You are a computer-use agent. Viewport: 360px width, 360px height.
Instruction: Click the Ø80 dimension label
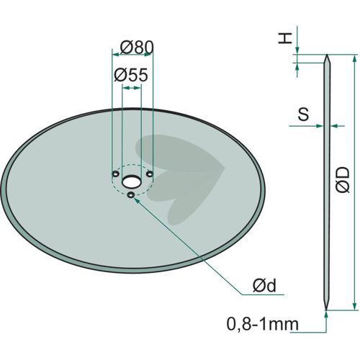137,48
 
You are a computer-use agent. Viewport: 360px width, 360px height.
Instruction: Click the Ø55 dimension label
131,75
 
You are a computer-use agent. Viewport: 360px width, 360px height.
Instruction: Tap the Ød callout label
264,286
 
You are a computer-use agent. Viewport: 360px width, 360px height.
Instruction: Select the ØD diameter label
343,179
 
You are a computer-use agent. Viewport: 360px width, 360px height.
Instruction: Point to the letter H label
285,38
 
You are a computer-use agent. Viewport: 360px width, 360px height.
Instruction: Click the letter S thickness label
303,114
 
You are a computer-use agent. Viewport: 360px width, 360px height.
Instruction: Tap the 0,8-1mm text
263,324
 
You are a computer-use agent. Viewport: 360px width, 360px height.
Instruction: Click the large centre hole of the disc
131,181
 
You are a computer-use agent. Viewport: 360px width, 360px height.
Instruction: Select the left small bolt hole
115,174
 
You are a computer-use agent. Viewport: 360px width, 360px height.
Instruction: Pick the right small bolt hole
150,174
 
